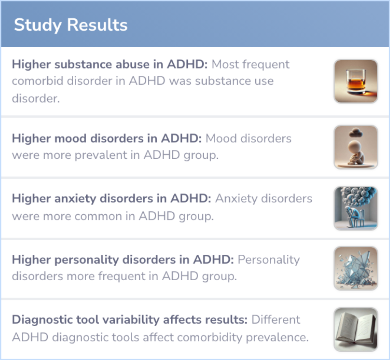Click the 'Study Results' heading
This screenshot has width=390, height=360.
coord(71,25)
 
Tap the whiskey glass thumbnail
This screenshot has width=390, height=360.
coord(356,81)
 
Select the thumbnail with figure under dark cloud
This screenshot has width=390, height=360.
coord(356,147)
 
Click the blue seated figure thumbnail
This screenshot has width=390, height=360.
coord(356,208)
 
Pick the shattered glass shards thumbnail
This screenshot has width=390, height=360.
coord(356,268)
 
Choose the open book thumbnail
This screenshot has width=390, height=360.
coord(356,329)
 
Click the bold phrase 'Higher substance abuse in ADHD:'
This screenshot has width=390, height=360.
coord(110,65)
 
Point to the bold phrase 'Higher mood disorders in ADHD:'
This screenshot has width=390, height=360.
coord(107,139)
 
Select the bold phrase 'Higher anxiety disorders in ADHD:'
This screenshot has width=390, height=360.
coord(112,198)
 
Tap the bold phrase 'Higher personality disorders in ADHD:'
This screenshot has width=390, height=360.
coord(123,259)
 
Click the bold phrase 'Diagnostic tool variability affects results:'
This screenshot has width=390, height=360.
coord(130,320)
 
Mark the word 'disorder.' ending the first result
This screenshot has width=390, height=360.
coord(35,98)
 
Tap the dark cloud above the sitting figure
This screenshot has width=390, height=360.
coord(355,133)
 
